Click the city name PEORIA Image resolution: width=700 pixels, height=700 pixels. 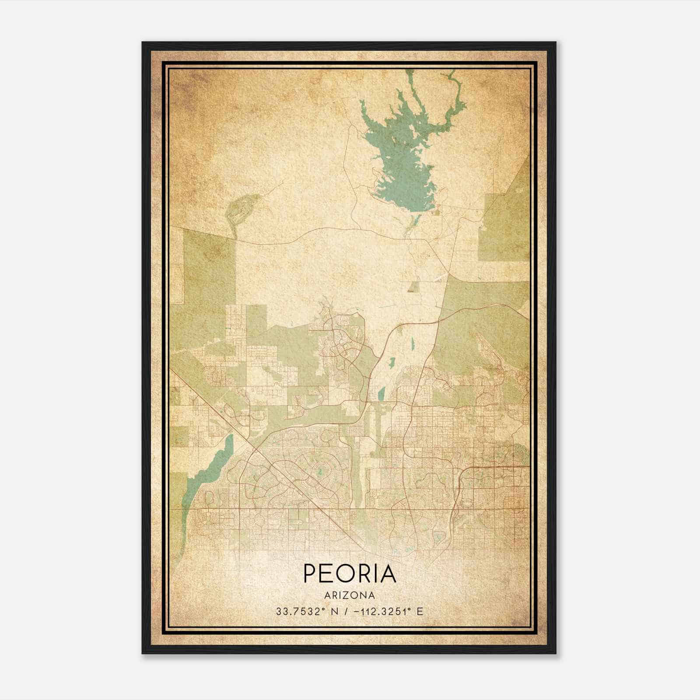349,574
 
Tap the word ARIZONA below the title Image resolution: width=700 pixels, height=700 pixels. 349,595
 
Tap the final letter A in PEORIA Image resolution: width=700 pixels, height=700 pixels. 388,574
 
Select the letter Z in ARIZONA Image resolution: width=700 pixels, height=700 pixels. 346,595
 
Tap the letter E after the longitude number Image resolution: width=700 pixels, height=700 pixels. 420,612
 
